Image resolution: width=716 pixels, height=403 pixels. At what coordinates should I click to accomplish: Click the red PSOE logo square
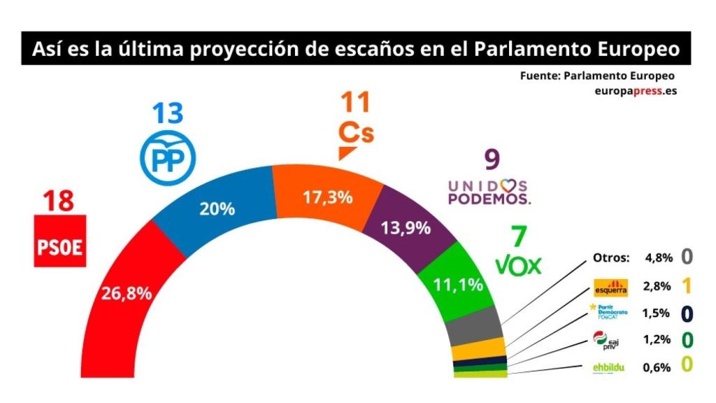pos(60,241)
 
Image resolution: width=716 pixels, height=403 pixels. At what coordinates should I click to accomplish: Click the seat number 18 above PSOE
pos(59,202)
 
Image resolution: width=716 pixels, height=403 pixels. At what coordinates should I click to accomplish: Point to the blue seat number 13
pos(169,113)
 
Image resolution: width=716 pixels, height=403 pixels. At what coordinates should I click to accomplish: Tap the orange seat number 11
pos(356,103)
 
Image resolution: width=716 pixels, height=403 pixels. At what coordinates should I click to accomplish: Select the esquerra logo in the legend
pos(608,287)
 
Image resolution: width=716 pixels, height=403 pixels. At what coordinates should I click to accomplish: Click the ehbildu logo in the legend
pos(608,367)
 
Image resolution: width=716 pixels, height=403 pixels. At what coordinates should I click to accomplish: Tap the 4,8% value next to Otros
pos(659,257)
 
